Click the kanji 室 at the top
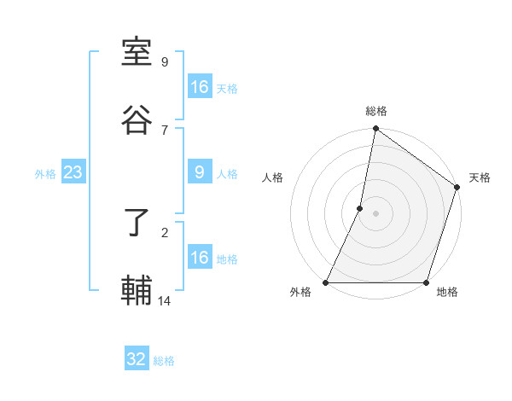[x=137, y=53]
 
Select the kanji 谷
[x=137, y=121]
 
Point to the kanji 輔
[x=137, y=292]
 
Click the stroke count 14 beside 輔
[x=165, y=300]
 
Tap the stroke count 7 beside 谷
[x=165, y=130]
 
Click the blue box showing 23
[x=73, y=173]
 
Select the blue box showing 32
[x=137, y=359]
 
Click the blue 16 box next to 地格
[x=200, y=258]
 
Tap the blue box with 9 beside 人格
[x=200, y=172]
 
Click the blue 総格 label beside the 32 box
[x=164, y=361]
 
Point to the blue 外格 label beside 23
[x=45, y=174]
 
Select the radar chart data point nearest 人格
[x=360, y=208]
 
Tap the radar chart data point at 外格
[x=326, y=282]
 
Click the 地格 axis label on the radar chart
[x=447, y=293]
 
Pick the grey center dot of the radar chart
[x=376, y=213]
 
